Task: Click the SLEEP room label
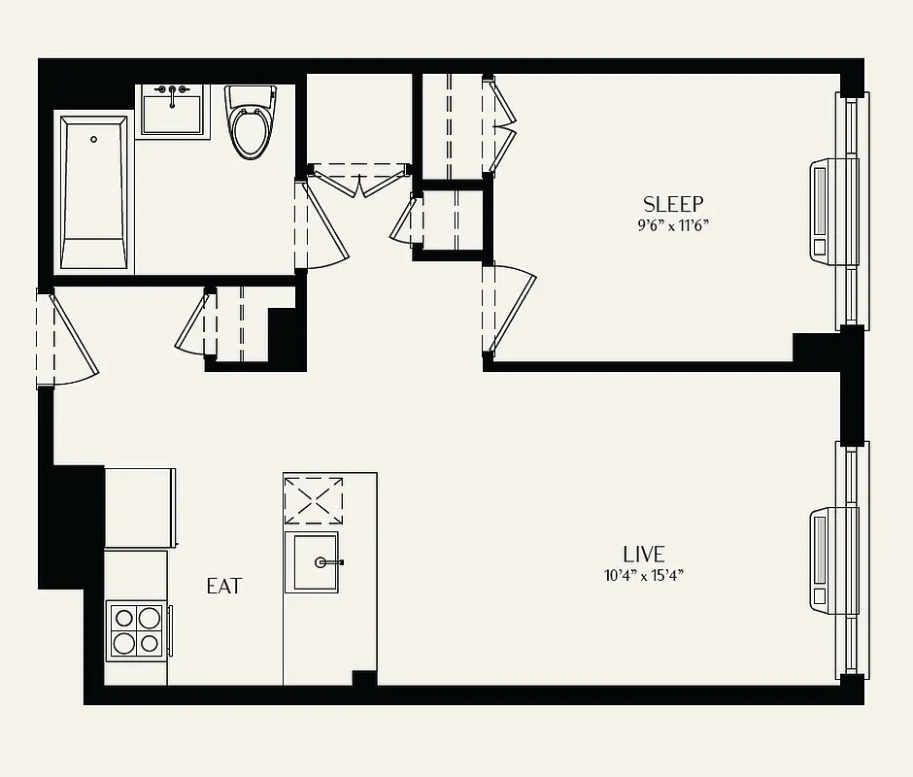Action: coord(672,204)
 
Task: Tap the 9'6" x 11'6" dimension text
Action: coord(672,226)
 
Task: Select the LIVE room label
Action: coord(644,554)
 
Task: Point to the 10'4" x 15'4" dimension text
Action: coord(644,576)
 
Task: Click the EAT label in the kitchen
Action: coord(224,587)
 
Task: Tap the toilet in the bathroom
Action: coord(248,123)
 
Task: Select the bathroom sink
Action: coord(173,111)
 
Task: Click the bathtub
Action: coord(93,192)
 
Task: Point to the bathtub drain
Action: coord(93,140)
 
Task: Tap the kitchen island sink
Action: coord(311,562)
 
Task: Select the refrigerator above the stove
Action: coord(140,506)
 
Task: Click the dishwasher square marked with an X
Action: coord(313,501)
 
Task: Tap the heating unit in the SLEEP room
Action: coord(833,210)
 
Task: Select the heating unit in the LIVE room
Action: coord(833,558)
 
